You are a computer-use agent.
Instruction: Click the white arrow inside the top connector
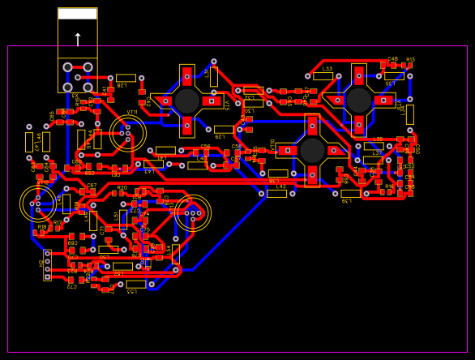pos(78,39)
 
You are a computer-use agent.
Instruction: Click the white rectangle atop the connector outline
pos(78,14)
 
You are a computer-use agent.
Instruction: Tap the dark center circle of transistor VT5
pos(187,101)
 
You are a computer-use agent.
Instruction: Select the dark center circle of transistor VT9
pos(358,100)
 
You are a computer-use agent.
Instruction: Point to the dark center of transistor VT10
pos(312,150)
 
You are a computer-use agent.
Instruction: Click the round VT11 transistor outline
pos(127,133)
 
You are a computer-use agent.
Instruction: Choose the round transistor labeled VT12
pos(37,203)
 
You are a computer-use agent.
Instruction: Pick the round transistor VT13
pos(192,213)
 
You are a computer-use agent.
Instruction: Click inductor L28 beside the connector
pos(126,79)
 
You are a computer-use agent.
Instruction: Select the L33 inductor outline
pos(323,76)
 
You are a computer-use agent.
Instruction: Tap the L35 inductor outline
pos(394,76)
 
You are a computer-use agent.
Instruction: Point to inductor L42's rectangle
pos(277,193)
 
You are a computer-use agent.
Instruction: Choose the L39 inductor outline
pos(350,193)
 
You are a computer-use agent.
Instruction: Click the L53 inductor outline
pos(136,284)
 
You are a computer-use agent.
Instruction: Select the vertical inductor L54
pos(175,254)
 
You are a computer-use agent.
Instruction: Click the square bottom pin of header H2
pos(47,277)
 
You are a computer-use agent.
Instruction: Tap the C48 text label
pos(392,59)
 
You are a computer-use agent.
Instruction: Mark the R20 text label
pos(122,188)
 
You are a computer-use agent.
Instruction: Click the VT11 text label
pos(132,113)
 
